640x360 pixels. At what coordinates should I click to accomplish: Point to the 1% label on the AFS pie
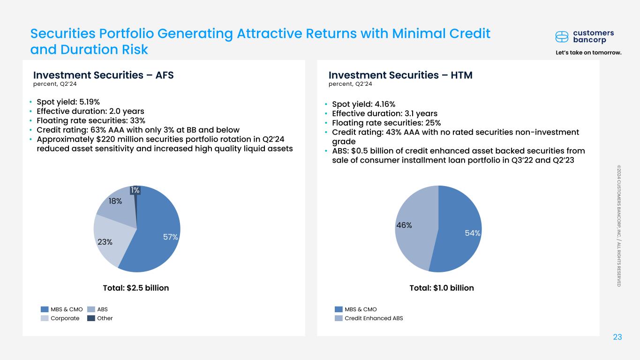click(135, 190)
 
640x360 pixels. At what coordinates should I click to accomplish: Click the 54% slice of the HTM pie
click(462, 230)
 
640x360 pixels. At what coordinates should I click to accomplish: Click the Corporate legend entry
click(61, 318)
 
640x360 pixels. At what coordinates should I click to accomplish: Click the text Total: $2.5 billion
click(136, 288)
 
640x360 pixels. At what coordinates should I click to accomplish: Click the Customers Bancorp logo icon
click(562, 37)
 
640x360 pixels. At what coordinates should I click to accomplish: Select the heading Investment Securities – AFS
click(103, 75)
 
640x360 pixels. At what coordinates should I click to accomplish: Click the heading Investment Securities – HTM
click(400, 75)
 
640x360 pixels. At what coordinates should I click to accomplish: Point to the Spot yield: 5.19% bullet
click(68, 102)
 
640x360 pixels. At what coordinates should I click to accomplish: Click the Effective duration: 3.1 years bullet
click(384, 113)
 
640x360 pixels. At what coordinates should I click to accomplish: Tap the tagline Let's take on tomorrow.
click(588, 52)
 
